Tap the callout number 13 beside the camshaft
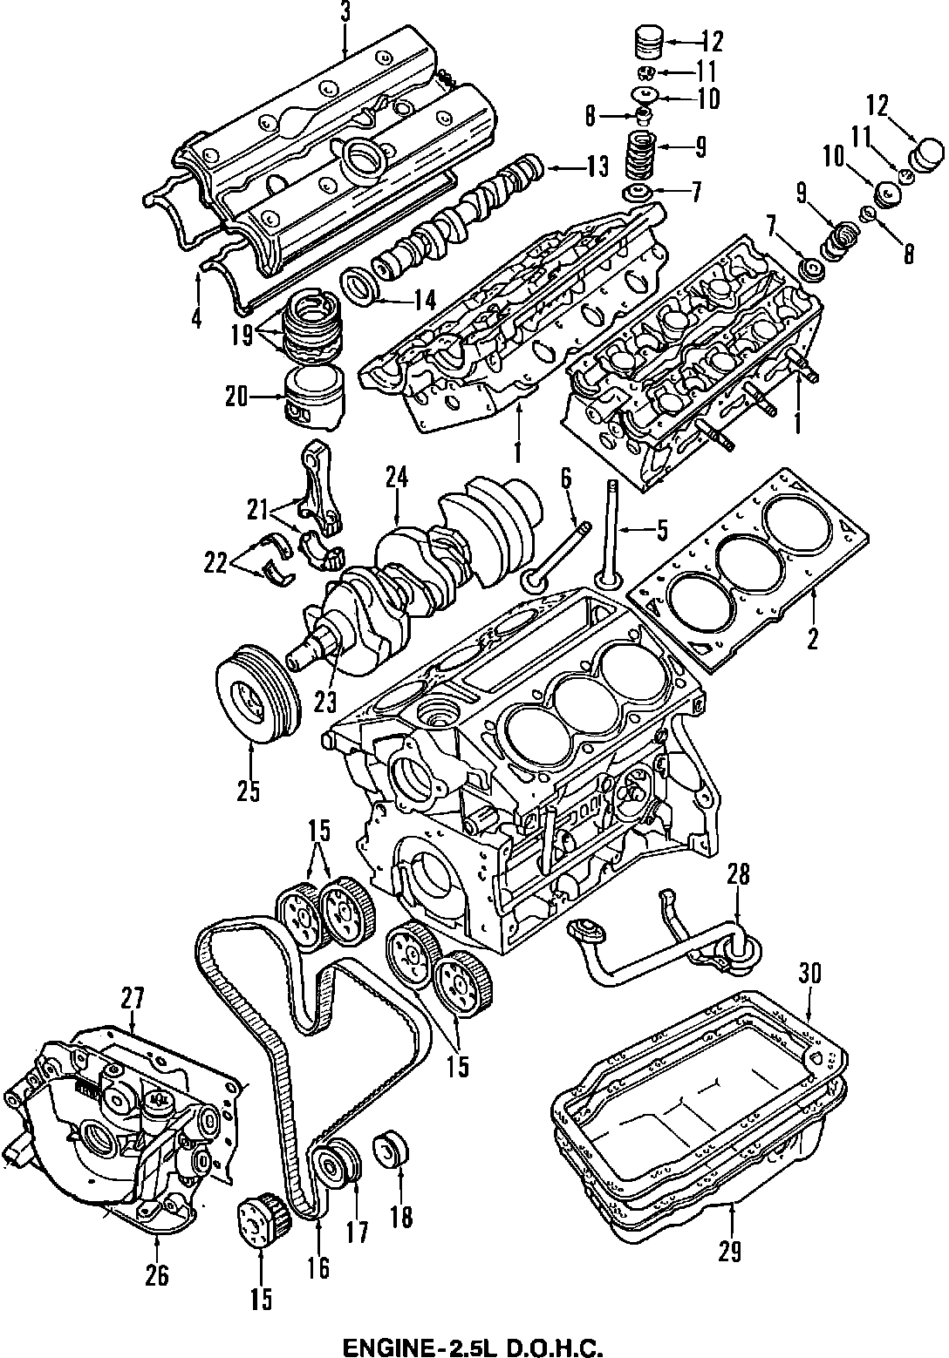[597, 166]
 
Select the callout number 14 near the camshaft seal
[424, 302]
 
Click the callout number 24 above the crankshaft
[397, 478]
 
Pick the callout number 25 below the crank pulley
[249, 793]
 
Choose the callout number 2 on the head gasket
[812, 638]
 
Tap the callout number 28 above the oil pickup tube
[738, 874]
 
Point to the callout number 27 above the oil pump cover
[133, 997]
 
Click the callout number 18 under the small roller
[401, 1217]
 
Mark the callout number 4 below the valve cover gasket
[196, 318]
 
